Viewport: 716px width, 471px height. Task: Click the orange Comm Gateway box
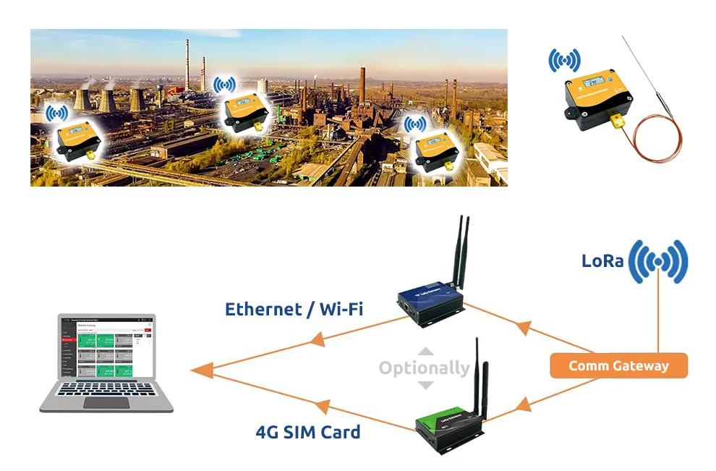pos(618,365)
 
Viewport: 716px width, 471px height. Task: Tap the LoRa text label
pos(602,260)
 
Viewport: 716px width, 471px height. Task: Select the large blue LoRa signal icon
pos(657,261)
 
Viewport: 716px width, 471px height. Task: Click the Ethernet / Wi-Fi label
pos(294,310)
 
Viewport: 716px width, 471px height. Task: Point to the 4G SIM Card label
pos(308,433)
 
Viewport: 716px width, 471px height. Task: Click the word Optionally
pos(425,368)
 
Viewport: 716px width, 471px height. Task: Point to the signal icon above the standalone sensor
pos(564,60)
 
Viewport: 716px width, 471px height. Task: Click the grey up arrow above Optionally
pos(426,352)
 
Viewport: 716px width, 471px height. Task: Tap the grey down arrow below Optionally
pos(426,385)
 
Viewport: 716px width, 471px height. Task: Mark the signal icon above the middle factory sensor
pos(225,85)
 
